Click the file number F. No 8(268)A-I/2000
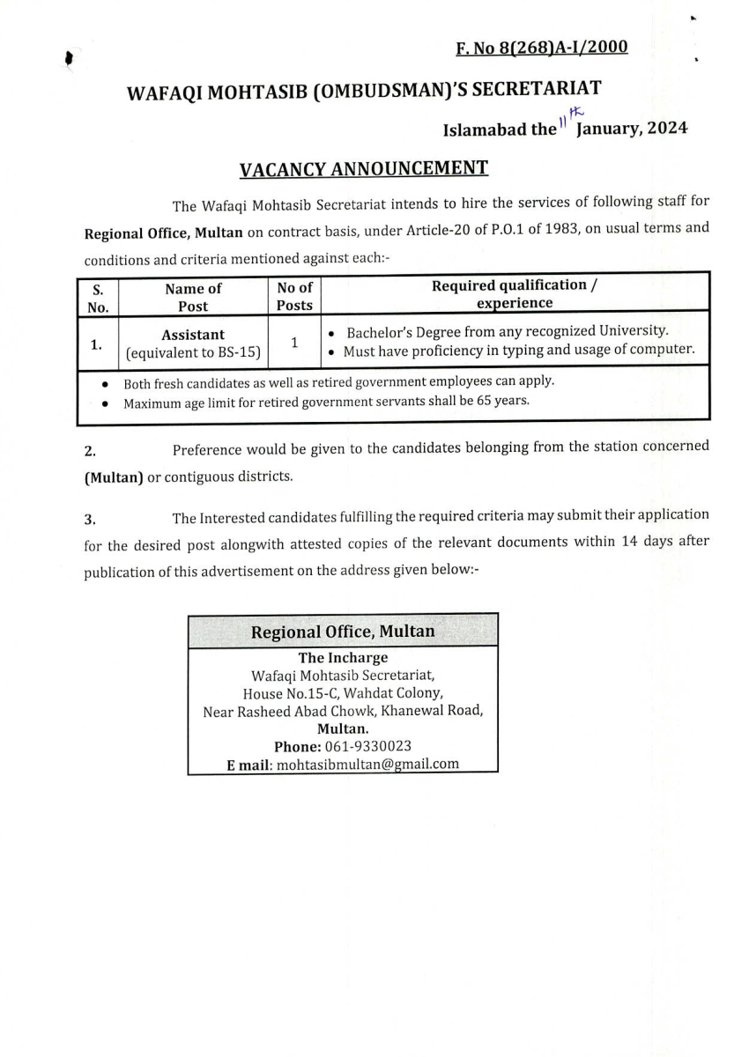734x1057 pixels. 541,47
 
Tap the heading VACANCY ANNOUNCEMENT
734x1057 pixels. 364,166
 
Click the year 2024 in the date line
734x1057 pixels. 667,129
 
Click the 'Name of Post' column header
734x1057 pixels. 193,297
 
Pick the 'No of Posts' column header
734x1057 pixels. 294,296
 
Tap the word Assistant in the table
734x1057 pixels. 193,335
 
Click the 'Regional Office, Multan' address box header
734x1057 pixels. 343,632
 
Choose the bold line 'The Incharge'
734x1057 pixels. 343,657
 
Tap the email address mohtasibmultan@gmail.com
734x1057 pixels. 367,764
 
